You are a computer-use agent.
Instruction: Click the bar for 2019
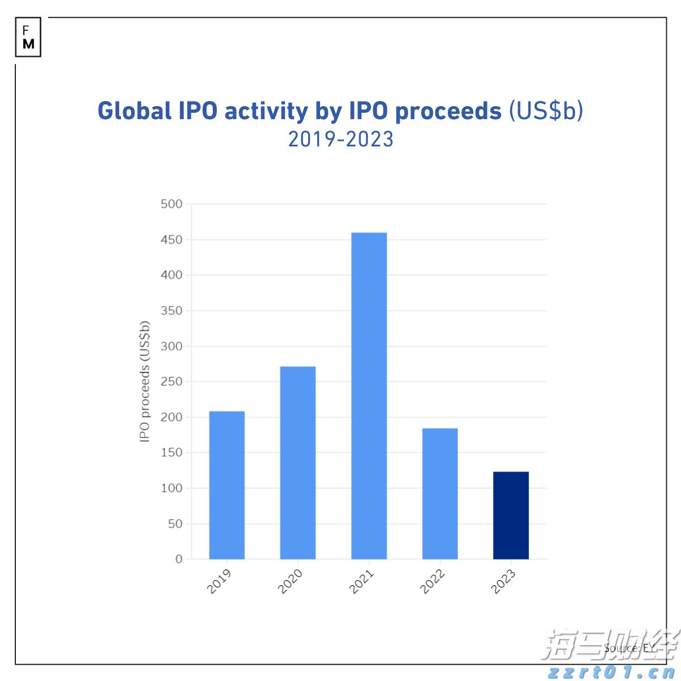click(x=227, y=485)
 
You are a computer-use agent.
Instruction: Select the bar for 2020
click(x=298, y=463)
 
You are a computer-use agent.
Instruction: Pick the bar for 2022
click(x=440, y=494)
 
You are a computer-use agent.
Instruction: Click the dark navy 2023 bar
click(x=511, y=515)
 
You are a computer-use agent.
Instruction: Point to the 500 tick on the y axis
click(x=171, y=204)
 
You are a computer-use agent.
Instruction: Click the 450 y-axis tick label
click(x=171, y=240)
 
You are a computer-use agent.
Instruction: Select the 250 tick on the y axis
click(x=171, y=382)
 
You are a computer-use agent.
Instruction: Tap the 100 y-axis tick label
click(x=171, y=488)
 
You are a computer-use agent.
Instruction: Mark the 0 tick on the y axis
click(x=179, y=559)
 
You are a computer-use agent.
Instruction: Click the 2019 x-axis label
click(x=219, y=582)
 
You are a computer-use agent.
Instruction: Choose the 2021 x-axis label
click(x=361, y=582)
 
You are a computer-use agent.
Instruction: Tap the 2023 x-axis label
click(x=503, y=582)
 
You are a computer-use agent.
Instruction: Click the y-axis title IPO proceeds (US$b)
click(x=145, y=381)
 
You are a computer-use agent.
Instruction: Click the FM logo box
click(x=28, y=37)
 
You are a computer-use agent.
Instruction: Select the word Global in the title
click(x=134, y=111)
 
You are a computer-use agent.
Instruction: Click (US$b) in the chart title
click(x=545, y=111)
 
